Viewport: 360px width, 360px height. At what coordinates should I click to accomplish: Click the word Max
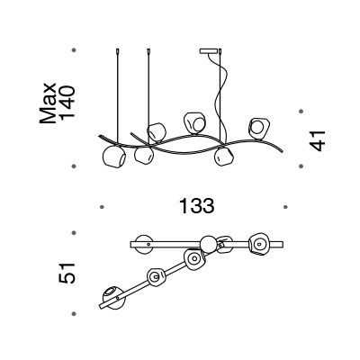click(x=48, y=103)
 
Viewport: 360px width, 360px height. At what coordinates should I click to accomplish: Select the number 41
click(x=317, y=140)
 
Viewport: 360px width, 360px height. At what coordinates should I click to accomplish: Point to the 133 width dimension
click(x=197, y=206)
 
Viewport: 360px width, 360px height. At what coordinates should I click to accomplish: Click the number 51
click(x=67, y=273)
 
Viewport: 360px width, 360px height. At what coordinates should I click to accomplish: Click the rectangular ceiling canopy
click(x=209, y=51)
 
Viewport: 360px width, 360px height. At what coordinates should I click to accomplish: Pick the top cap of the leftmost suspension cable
click(x=117, y=51)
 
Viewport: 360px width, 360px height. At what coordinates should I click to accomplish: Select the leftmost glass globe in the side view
click(x=114, y=157)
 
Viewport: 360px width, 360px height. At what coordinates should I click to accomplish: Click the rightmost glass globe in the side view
click(x=259, y=129)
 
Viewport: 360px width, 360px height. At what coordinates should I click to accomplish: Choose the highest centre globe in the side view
click(x=195, y=123)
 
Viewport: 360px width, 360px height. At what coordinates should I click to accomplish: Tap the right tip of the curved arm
click(x=282, y=152)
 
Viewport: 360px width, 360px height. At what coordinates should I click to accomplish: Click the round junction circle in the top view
click(x=208, y=244)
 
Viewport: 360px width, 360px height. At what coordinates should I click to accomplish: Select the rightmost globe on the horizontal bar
click(x=259, y=244)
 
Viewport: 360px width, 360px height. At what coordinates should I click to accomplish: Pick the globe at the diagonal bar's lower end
click(x=113, y=297)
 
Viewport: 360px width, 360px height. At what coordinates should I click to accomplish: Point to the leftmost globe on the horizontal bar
click(x=144, y=245)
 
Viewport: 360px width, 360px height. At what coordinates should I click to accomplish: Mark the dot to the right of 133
click(x=285, y=207)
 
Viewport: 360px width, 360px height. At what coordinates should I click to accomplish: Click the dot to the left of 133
click(x=102, y=207)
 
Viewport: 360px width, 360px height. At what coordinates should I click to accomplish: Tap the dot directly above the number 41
click(x=301, y=112)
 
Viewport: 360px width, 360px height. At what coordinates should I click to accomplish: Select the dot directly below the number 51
click(x=74, y=314)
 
